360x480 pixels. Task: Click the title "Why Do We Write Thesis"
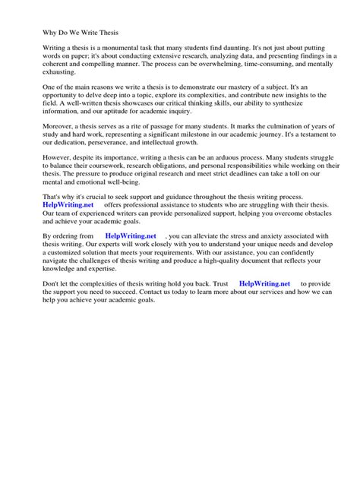68,33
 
